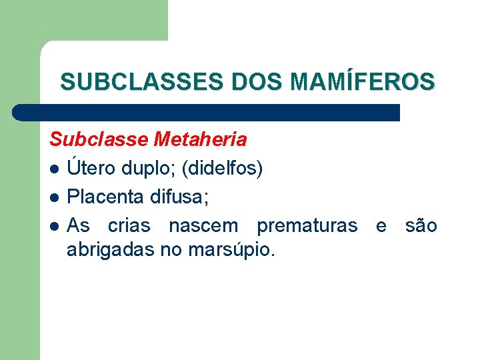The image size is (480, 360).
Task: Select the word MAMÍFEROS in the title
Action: click(363, 82)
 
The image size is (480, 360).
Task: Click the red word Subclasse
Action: click(99, 140)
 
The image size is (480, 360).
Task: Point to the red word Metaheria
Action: click(200, 140)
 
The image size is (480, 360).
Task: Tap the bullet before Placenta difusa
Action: click(56, 198)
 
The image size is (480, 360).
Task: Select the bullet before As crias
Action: click(56, 227)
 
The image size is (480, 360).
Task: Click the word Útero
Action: click(91, 169)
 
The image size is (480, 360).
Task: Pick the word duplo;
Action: click(146, 169)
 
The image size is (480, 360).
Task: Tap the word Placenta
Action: click(106, 197)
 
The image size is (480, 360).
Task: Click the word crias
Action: click(129, 226)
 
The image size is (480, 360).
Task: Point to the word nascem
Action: click(203, 226)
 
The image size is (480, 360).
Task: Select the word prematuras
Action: click(307, 226)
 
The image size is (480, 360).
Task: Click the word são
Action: click(421, 226)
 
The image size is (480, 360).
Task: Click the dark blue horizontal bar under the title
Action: click(207, 112)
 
